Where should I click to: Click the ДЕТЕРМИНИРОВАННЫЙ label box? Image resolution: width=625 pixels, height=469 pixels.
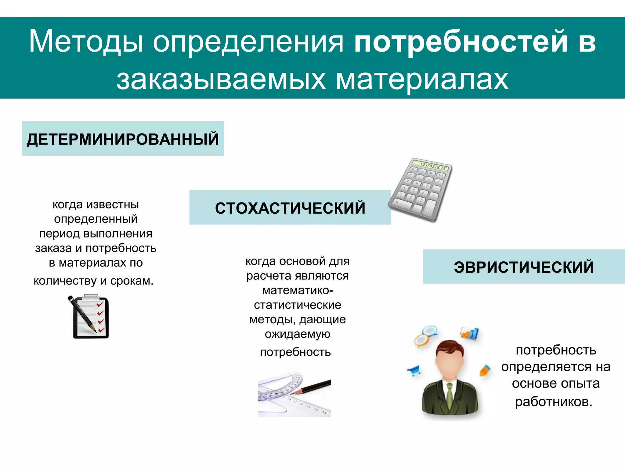pos(123,139)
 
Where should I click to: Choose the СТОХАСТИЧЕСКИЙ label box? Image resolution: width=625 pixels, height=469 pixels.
pos(290,208)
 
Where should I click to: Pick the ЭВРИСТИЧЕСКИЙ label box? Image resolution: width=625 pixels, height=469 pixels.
pos(524,267)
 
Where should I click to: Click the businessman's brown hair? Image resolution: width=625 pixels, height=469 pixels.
pos(450,348)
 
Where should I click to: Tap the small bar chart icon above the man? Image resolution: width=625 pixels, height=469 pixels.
pos(470,333)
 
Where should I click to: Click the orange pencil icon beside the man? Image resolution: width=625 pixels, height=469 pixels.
pos(485,370)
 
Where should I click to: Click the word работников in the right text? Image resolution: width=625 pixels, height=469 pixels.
pos(554,401)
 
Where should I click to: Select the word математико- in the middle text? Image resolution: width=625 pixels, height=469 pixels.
pos(298,290)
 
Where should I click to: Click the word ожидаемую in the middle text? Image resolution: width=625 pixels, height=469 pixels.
pos(298,334)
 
